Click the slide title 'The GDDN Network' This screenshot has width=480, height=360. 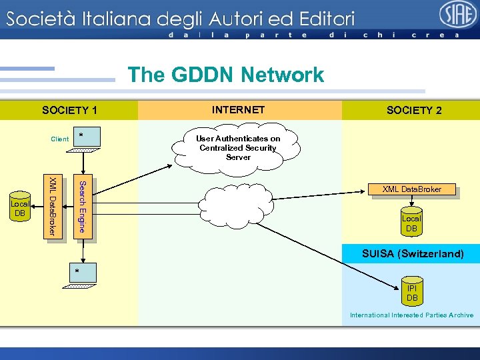pos(225,75)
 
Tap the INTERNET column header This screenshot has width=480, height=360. pos(238,110)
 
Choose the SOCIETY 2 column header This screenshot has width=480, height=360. pos(413,111)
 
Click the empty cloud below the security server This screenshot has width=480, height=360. pos(237,203)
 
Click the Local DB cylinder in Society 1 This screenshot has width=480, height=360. pos(21,207)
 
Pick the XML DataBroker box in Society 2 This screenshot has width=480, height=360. pos(411,189)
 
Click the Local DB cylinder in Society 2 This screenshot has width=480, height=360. pos(411,223)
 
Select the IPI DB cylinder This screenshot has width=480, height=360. pos(412,293)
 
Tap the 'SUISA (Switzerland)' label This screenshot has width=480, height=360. pos(412,254)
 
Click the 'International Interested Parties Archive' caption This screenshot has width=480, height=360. pos(411,315)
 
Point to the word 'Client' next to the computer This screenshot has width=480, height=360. pos(59,139)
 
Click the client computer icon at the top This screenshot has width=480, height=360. pos(86,141)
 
